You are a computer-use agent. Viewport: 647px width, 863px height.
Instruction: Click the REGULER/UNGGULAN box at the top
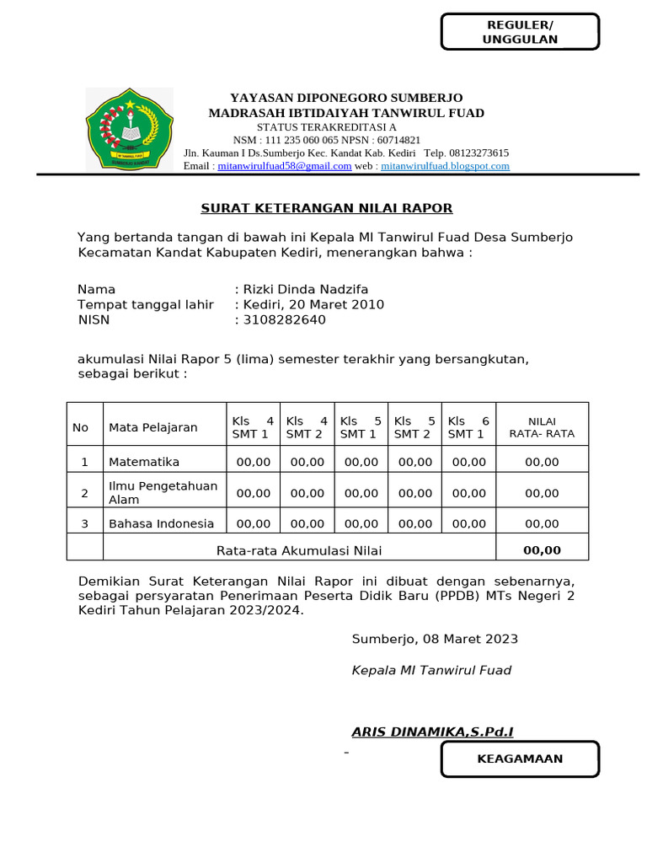coord(520,32)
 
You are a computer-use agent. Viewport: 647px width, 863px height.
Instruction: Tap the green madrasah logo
coord(129,129)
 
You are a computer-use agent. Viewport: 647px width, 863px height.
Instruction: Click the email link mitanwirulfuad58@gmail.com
coord(284,166)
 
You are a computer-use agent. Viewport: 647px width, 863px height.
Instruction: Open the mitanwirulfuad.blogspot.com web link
coord(445,166)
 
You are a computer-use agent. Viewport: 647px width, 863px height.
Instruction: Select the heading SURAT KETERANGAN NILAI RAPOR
coord(326,208)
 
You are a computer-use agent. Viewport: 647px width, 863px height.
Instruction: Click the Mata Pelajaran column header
coord(153,427)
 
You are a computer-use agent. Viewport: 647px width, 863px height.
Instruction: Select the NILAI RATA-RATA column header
coord(542,427)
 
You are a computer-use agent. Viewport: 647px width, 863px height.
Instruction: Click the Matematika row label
coord(144,462)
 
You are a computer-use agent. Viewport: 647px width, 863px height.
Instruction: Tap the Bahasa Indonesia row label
coord(162,523)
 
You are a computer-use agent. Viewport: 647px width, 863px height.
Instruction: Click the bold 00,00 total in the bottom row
coord(542,550)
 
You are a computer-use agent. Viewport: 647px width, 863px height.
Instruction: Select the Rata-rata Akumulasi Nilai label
coord(299,550)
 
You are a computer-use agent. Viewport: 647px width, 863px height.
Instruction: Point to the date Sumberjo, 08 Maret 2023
coord(435,639)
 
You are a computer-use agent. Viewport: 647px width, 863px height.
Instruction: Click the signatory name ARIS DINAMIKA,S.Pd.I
coord(432,732)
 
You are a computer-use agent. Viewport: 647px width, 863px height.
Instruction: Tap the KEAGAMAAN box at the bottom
coord(520,758)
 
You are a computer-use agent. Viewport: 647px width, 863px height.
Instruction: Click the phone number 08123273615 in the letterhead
coord(478,153)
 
